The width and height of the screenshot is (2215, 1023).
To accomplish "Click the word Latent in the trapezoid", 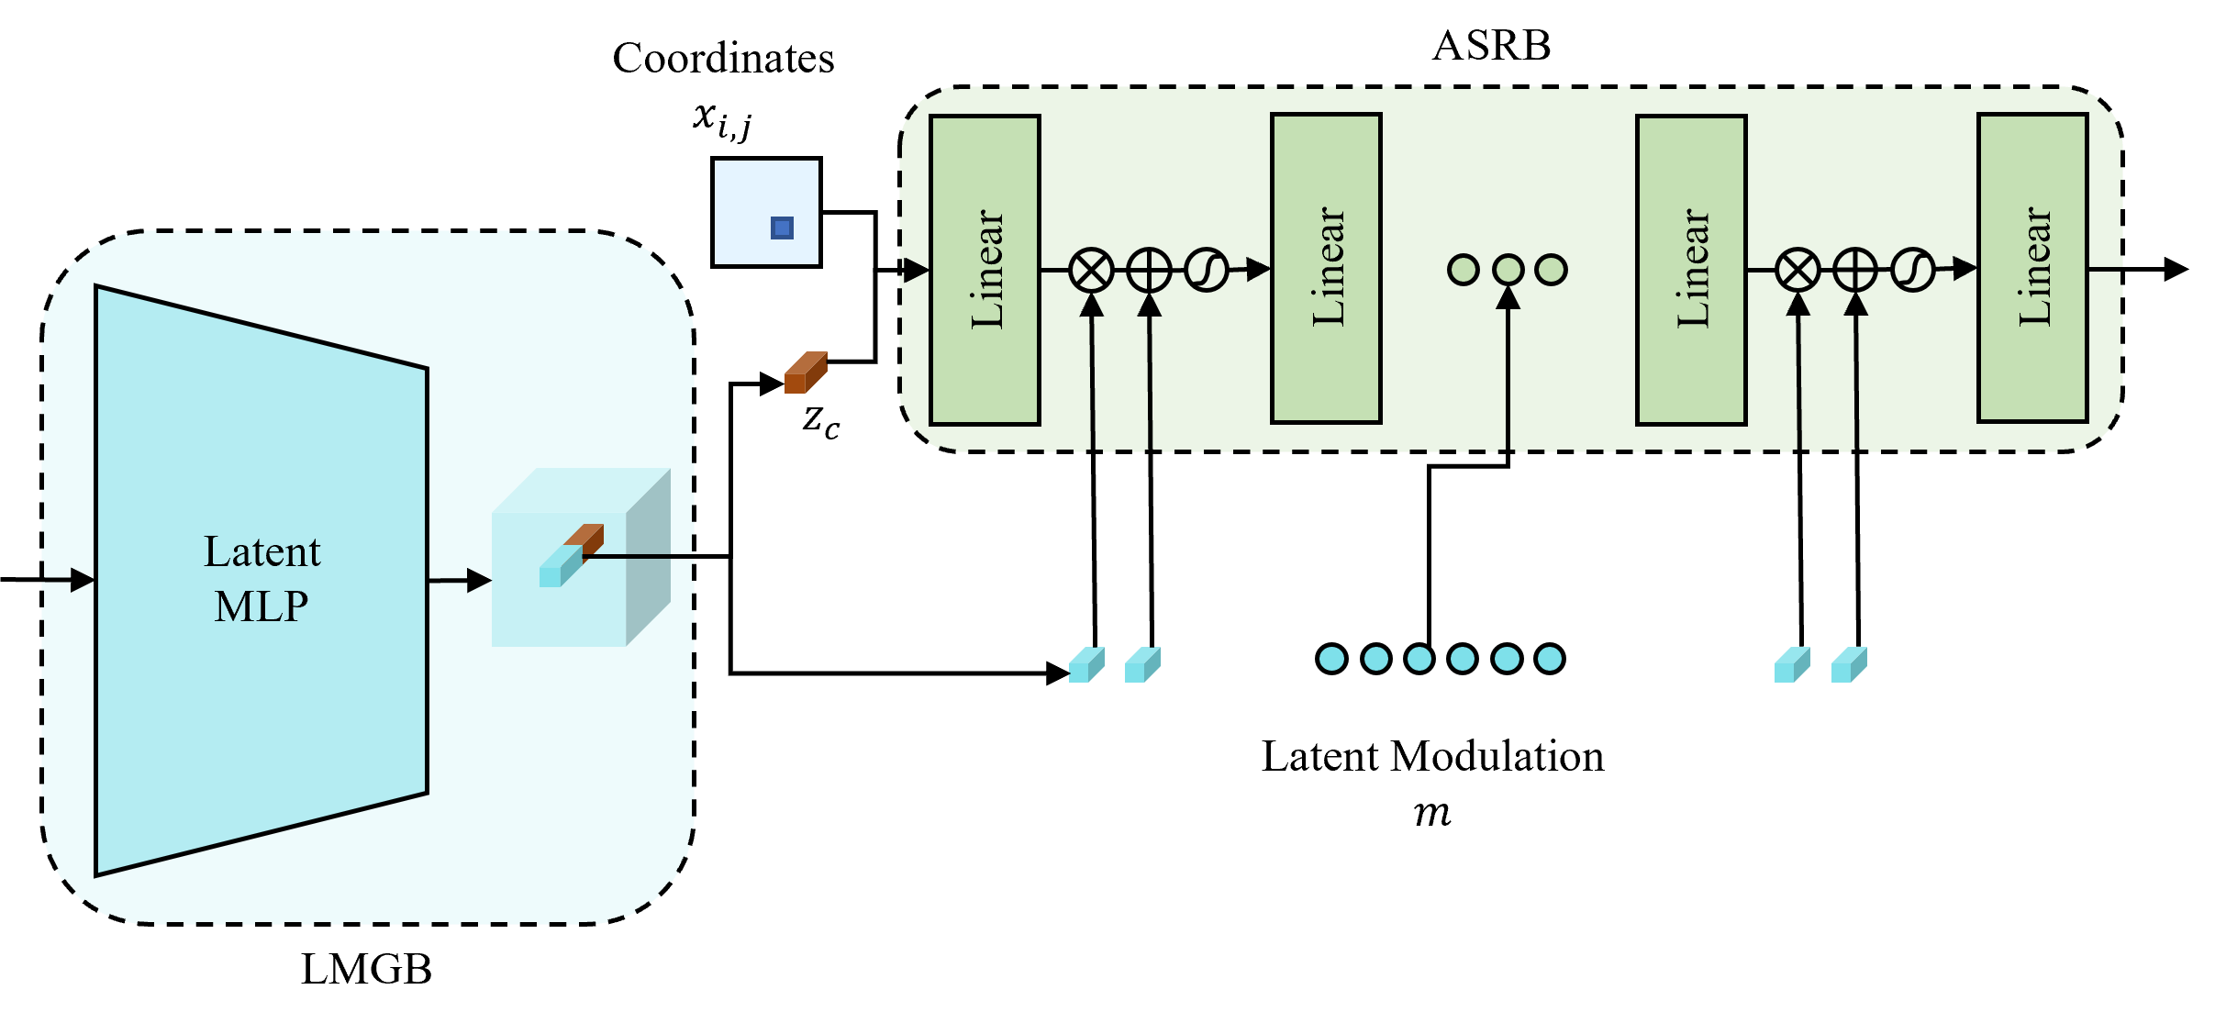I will click(262, 551).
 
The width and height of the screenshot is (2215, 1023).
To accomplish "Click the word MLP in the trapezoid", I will click(262, 606).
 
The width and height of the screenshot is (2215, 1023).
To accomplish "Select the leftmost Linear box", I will click(985, 270).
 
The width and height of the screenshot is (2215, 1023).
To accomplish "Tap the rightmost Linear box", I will click(2032, 268).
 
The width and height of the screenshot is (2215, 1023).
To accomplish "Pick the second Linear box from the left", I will click(1326, 268).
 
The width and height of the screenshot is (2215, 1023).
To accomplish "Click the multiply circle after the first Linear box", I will click(1091, 271).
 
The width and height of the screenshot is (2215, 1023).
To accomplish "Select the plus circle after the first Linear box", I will click(1149, 271).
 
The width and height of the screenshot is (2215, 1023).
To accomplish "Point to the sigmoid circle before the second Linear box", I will click(1206, 271).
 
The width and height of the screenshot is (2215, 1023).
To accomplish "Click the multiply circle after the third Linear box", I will click(1798, 271).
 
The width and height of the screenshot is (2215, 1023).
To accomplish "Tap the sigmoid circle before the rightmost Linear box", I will click(1912, 271).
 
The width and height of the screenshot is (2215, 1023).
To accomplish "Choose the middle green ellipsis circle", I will click(1508, 271).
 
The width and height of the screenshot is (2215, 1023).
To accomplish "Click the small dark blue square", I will click(782, 228).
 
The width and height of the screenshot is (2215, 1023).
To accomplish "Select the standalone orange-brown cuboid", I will click(806, 373).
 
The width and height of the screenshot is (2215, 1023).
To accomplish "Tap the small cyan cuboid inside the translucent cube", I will click(559, 567).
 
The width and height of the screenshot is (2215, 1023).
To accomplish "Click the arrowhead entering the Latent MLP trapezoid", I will click(83, 580).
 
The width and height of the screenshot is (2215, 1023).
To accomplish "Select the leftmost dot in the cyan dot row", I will click(1331, 659).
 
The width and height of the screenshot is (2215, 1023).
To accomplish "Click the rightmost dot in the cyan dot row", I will click(1550, 659).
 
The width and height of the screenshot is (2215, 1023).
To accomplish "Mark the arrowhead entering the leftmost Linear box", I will click(917, 270).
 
